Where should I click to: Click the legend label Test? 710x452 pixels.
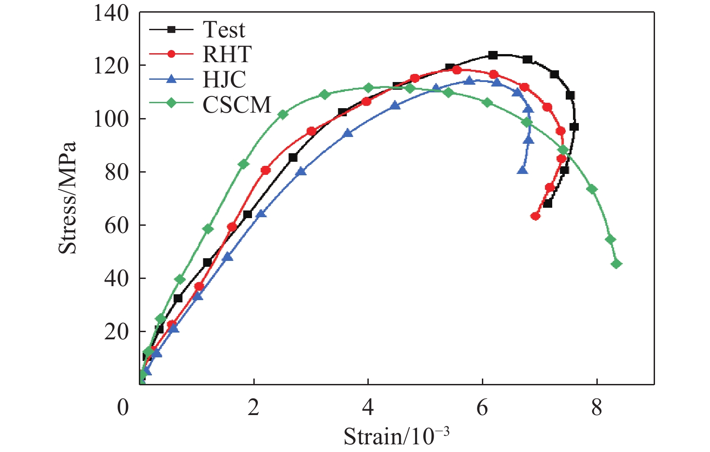coord(224,30)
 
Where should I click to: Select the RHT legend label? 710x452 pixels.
coord(227,55)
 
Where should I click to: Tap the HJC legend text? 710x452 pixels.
coord(224,79)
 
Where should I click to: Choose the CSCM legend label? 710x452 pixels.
coord(237,105)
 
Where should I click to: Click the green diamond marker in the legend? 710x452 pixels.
coord(171,103)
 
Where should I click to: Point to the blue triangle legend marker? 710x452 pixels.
coord(171,79)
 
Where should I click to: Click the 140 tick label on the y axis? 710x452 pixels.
coord(111,14)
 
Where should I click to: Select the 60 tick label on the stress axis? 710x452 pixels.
coord(117,225)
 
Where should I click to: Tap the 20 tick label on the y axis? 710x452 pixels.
coord(117,332)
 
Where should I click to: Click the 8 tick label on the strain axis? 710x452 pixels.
coord(596,407)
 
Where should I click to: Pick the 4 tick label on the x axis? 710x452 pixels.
coord(368,407)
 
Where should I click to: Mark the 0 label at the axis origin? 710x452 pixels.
coord(123,407)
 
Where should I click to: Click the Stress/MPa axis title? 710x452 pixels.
coord(68,198)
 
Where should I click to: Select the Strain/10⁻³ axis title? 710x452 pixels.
coord(397,436)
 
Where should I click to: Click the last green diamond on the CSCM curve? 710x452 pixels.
coord(616,264)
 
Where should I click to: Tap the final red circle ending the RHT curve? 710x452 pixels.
coord(536,216)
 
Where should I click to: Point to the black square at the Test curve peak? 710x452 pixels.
coord(493,55)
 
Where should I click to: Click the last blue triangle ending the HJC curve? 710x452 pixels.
coord(522,170)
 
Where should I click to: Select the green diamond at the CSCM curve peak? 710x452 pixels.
coord(368,88)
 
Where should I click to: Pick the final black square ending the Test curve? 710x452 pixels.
coord(547,203)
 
